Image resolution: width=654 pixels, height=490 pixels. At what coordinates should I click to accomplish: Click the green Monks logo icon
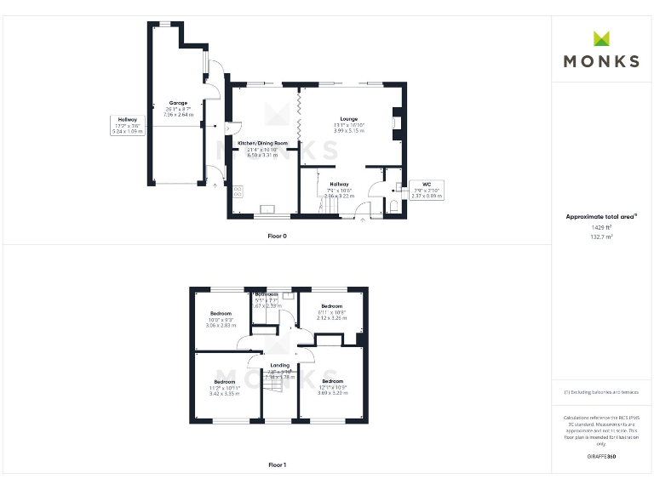(x=601, y=38)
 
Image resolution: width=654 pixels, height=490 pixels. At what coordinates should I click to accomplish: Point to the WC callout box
(x=426, y=190)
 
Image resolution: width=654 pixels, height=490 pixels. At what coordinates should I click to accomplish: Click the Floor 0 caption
(x=278, y=235)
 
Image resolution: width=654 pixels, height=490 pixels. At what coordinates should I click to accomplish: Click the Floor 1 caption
(x=278, y=464)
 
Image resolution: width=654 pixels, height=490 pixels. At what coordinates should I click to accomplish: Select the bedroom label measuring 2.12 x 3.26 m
(x=331, y=317)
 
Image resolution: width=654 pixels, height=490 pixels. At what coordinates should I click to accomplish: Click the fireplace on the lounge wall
(x=394, y=122)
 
